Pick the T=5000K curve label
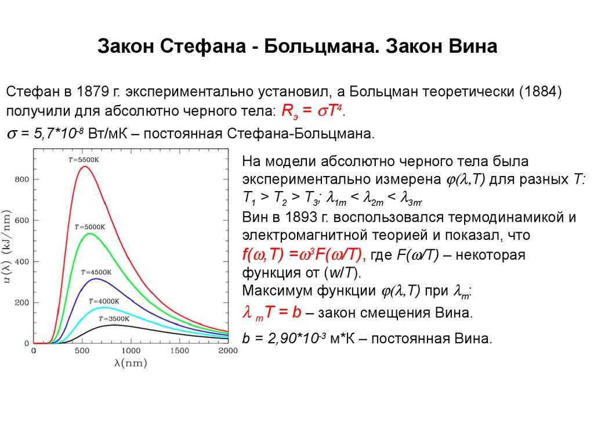click(x=89, y=226)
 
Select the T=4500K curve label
click(x=96, y=271)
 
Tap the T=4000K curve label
click(x=104, y=301)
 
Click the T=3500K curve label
click(x=114, y=319)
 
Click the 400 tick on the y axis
click(x=21, y=261)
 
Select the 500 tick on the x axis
click(x=82, y=351)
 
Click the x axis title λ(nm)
click(x=131, y=364)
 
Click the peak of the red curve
click(x=85, y=167)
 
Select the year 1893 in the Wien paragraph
click(x=285, y=217)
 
